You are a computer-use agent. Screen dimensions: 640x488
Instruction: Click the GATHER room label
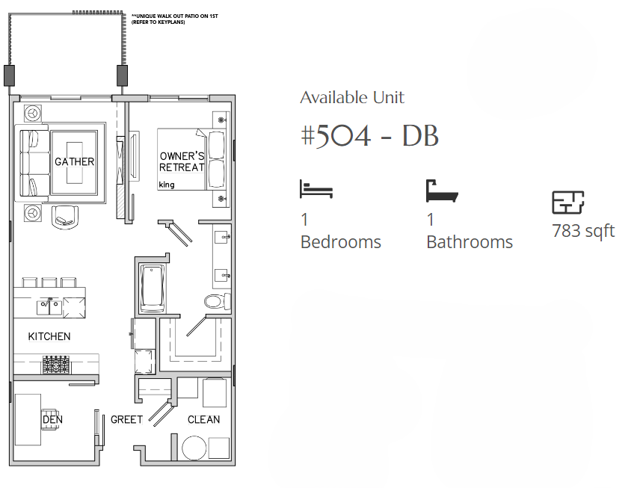tap(74, 161)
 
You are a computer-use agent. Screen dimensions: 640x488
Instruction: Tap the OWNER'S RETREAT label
tap(182, 161)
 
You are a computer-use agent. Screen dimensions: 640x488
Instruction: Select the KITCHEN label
tap(49, 336)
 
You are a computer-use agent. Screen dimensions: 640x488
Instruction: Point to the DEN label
tap(52, 419)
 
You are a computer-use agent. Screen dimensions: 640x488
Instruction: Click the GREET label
tap(126, 419)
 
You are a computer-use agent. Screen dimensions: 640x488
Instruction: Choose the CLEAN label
tap(203, 419)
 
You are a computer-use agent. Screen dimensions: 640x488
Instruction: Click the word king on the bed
tap(167, 185)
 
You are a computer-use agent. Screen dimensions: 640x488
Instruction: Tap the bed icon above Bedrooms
tap(316, 189)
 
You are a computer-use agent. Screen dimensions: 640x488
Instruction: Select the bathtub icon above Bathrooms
tap(442, 191)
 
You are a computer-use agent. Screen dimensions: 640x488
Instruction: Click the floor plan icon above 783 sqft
tap(567, 203)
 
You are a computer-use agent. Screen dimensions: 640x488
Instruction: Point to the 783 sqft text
tap(583, 231)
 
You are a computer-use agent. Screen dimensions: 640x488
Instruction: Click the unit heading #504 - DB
tap(369, 135)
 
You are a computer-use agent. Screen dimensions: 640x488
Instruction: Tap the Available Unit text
tap(352, 97)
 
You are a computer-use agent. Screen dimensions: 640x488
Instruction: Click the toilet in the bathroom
tap(217, 301)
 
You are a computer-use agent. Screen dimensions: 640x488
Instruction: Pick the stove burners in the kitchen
tap(56, 365)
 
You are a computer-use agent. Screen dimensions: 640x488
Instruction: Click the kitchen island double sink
tap(49, 307)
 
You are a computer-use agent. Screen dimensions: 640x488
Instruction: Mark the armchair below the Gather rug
tap(65, 217)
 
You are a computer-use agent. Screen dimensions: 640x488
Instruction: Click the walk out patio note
tap(175, 19)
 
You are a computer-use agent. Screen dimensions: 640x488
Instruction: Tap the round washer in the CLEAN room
tap(194, 448)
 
